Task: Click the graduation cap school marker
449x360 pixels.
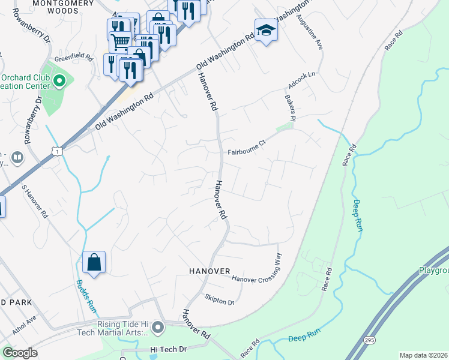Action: pyautogui.click(x=265, y=30)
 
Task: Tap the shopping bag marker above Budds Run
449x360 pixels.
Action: pyautogui.click(x=94, y=262)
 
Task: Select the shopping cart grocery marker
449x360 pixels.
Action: pyautogui.click(x=120, y=41)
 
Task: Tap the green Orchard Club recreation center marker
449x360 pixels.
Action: pyautogui.click(x=59, y=81)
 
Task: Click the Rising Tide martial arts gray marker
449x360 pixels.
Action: pyautogui.click(x=158, y=328)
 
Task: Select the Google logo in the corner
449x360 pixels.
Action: pyautogui.click(x=20, y=353)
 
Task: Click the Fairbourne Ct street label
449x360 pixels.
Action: pyautogui.click(x=246, y=152)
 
